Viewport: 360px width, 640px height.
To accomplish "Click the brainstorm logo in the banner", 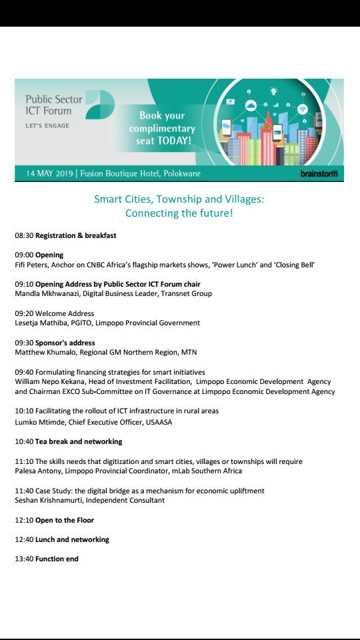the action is coord(319,173).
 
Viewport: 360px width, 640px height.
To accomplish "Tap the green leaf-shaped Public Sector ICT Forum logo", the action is coord(100,105).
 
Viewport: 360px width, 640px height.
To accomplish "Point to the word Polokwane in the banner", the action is coord(181,173).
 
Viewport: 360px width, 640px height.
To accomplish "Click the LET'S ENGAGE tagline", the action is coord(47,125).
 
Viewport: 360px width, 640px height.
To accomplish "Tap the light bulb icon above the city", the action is coord(273,91).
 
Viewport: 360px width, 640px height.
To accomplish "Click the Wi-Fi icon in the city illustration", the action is coord(302,109).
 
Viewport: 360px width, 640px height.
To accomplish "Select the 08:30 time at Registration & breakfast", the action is coord(24,235).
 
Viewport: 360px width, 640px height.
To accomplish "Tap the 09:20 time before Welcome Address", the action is coord(24,313).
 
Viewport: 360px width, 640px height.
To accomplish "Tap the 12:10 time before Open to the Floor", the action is coord(24,520).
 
